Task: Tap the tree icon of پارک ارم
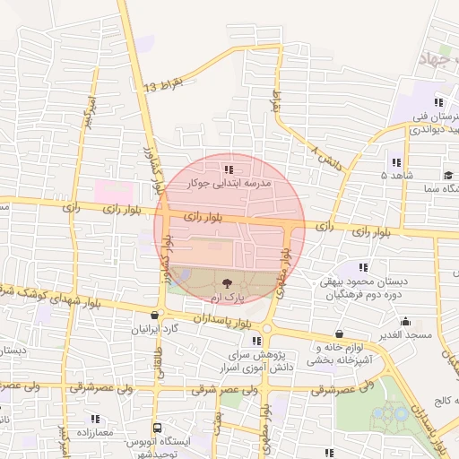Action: click(x=224, y=282)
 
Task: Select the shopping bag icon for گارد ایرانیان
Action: click(x=157, y=316)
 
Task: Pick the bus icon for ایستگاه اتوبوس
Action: click(x=157, y=429)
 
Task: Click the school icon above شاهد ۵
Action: click(x=396, y=162)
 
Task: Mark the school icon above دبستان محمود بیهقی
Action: click(x=363, y=267)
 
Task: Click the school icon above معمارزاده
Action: click(x=94, y=419)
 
